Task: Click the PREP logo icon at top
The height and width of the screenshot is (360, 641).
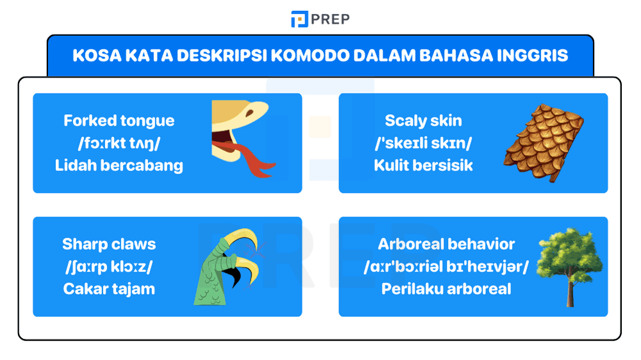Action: (299, 19)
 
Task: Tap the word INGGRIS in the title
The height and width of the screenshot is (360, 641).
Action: (532, 55)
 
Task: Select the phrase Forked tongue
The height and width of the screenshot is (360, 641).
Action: (119, 120)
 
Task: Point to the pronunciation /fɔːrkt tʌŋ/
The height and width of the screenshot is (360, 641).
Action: (119, 143)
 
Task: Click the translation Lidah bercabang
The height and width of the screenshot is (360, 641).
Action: (119, 165)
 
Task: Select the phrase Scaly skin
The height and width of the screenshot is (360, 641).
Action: (423, 120)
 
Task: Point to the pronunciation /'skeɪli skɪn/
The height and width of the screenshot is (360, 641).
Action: (423, 143)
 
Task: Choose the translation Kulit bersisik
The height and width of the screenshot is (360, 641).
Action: (423, 165)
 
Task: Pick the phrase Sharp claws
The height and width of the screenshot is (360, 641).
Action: (109, 244)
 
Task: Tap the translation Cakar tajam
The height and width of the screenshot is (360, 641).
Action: (109, 288)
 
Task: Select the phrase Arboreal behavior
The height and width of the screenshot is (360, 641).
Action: (446, 244)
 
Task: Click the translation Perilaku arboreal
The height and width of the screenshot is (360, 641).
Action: (446, 288)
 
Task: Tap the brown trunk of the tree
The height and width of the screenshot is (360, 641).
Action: (569, 291)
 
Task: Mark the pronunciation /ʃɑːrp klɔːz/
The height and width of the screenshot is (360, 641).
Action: (109, 266)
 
